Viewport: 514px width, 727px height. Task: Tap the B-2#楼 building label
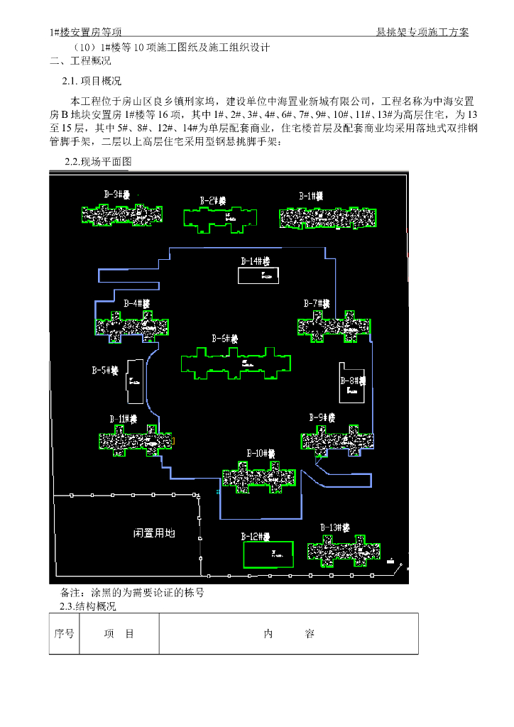pyautogui.click(x=213, y=201)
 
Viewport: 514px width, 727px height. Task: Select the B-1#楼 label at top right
pyautogui.click(x=311, y=195)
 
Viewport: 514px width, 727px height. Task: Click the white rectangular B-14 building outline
pyautogui.click(x=257, y=275)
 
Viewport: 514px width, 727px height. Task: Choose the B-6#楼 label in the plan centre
pyautogui.click(x=226, y=339)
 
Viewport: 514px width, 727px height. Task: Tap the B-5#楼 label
pyautogui.click(x=106, y=371)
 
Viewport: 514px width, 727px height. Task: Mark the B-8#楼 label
pyautogui.click(x=353, y=381)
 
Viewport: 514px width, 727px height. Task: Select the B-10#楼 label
pyautogui.click(x=261, y=454)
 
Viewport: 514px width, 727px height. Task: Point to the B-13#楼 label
pyautogui.click(x=334, y=528)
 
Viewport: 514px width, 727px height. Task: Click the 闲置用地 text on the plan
pyautogui.click(x=154, y=532)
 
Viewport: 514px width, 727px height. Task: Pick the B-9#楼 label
pyautogui.click(x=322, y=417)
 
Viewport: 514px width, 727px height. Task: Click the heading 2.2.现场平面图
pyautogui.click(x=98, y=162)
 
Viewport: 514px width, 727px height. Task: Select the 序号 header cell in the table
pyautogui.click(x=64, y=634)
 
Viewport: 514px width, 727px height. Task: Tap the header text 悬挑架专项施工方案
pyautogui.click(x=423, y=33)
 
